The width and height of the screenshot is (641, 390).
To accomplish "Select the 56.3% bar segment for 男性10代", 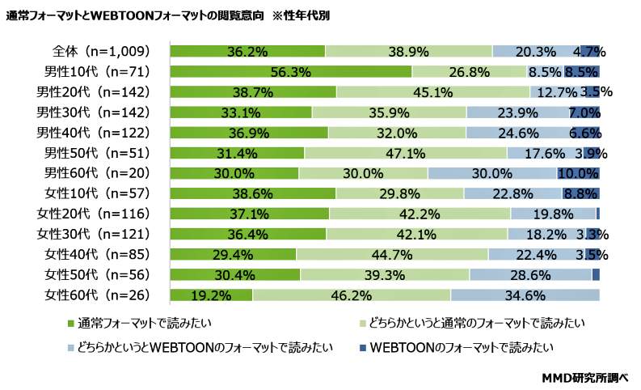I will (x=291, y=71).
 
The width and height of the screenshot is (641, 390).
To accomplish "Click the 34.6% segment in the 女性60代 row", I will (x=525, y=295).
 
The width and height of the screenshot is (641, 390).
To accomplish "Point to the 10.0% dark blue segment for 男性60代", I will (x=578, y=173).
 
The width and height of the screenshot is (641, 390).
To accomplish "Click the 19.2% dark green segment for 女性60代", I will (x=211, y=295).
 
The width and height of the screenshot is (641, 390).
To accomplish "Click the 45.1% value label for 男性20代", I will (x=433, y=91).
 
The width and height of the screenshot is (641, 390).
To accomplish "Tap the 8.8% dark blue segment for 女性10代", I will (x=580, y=193).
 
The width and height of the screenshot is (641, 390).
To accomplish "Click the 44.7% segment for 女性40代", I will (x=392, y=255).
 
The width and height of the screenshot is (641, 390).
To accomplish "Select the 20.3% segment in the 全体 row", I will (x=535, y=51).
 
